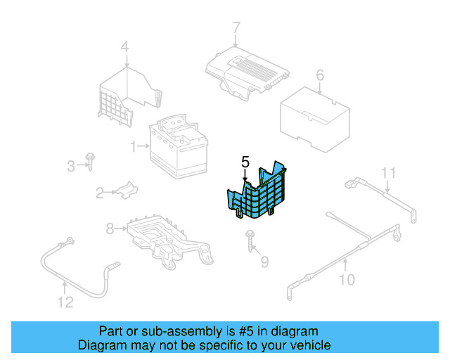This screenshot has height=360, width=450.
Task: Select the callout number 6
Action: (319, 75)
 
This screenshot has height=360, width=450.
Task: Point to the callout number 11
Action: (389, 172)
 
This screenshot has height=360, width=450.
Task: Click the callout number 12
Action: (65, 303)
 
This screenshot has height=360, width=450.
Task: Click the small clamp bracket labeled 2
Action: (125, 190)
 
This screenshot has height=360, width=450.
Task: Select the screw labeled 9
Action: (250, 239)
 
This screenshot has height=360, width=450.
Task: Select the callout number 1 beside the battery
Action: (132, 147)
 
